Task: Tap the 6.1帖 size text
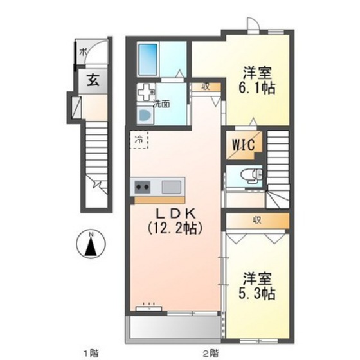point(259,88)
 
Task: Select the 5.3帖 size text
point(258,294)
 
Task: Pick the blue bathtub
point(149,59)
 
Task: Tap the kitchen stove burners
point(142,188)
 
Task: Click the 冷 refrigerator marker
point(139,138)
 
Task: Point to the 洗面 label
point(161,103)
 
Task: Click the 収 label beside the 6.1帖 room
point(205,86)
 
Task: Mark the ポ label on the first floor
point(82,52)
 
